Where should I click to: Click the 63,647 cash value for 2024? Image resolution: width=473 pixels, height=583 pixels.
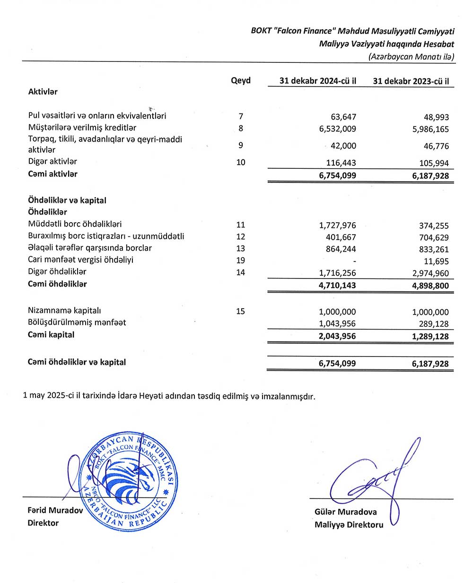click(343, 117)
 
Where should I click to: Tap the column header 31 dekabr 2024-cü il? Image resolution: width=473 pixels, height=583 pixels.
click(318, 81)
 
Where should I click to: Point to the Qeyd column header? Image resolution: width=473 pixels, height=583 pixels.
click(241, 80)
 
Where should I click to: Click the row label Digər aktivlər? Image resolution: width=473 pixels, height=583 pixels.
click(53, 161)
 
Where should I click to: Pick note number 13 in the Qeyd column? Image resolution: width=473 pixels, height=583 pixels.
click(241, 248)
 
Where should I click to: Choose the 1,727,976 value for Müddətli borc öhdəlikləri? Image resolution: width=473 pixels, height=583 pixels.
click(338, 226)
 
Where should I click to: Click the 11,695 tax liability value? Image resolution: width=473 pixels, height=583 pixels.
click(437, 261)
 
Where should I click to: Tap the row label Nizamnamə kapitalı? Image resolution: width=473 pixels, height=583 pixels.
click(64, 311)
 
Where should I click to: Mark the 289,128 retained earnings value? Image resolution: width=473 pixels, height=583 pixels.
click(434, 324)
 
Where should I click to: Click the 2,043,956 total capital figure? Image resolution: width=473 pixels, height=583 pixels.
click(337, 336)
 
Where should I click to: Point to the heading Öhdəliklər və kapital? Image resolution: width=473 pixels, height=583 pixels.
click(67, 200)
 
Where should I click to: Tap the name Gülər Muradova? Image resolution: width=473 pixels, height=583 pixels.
click(346, 512)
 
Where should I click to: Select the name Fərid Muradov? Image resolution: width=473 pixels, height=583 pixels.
click(55, 510)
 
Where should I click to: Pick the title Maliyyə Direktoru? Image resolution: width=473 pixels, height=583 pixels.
click(349, 524)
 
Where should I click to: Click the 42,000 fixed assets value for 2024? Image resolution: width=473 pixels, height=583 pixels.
click(343, 146)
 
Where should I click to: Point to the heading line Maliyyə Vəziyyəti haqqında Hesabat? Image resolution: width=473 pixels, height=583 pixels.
click(386, 44)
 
